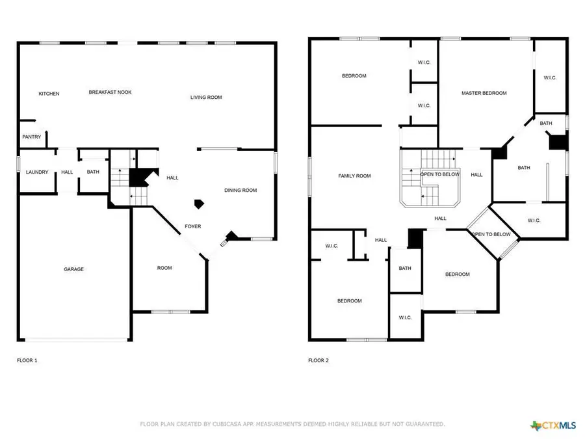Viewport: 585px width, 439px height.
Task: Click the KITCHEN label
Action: (x=49, y=94)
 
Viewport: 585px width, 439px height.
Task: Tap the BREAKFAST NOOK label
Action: (x=110, y=92)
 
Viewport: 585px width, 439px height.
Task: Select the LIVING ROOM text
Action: (x=206, y=98)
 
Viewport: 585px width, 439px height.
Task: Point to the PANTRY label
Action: (x=32, y=137)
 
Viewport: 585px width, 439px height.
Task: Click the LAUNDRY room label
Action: (x=37, y=172)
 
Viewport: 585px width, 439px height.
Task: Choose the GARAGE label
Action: (x=73, y=269)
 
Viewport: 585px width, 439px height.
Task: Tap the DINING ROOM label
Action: (x=240, y=191)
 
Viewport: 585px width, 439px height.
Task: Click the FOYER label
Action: (x=193, y=226)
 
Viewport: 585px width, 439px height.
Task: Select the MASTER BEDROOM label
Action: (x=484, y=93)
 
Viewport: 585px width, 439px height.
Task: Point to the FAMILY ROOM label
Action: (x=354, y=176)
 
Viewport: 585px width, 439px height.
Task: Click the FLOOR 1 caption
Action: (x=27, y=360)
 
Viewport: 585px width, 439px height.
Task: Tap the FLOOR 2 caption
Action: (x=318, y=360)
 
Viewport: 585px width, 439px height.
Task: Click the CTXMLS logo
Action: (x=553, y=426)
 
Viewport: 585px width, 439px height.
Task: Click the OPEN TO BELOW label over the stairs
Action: (x=440, y=174)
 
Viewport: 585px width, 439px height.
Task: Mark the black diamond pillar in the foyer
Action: (x=201, y=204)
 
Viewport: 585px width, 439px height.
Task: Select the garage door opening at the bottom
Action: (x=77, y=339)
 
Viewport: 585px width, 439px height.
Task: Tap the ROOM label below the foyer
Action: (x=164, y=268)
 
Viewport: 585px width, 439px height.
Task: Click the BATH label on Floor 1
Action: (x=93, y=172)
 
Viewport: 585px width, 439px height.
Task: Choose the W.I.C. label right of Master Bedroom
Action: (x=550, y=78)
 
